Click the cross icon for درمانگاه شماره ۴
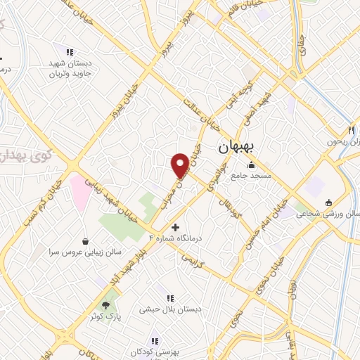pyautogui.click(x=175, y=226)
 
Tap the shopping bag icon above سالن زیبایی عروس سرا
pyautogui.click(x=86, y=241)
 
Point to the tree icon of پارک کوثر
pyautogui.click(x=105, y=305)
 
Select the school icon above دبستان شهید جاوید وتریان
pyautogui.click(x=69, y=52)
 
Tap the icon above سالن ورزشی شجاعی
pyautogui.click(x=328, y=203)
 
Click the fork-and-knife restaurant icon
pyautogui.click(x=350, y=130)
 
